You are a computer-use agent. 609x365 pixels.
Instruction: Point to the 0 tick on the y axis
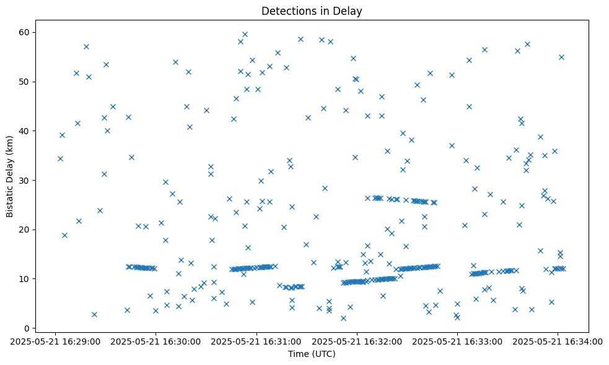click(27, 328)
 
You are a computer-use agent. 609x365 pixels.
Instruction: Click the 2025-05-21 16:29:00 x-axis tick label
click(56, 341)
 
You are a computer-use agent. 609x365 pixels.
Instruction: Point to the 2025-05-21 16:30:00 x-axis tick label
click(156, 341)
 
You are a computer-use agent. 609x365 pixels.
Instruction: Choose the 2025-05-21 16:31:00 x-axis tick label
click(256, 341)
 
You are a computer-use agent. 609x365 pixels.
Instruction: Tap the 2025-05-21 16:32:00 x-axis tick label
click(357, 341)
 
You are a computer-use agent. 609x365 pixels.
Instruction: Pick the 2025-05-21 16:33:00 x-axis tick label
click(457, 341)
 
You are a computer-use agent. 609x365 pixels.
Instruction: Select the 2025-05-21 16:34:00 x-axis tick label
click(558, 341)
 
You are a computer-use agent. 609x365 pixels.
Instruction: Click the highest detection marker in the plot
click(245, 35)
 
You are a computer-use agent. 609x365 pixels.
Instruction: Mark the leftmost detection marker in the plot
click(60, 158)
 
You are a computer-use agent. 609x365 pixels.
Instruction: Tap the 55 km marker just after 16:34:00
click(561, 57)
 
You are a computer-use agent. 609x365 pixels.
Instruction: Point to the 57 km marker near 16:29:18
click(86, 46)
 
